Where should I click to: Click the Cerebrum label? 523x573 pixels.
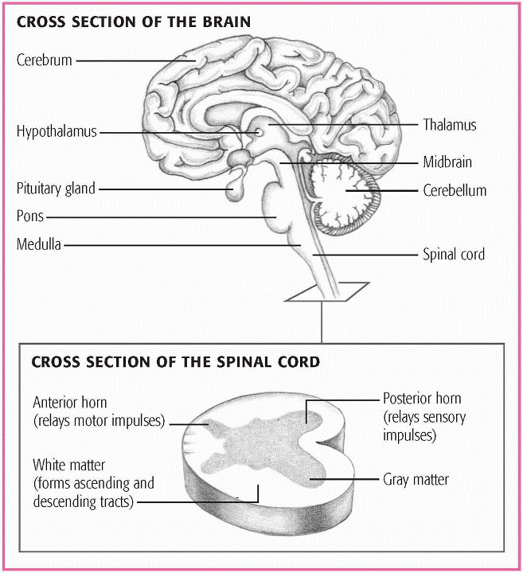coord(45,60)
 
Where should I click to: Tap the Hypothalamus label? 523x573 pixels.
coord(57,132)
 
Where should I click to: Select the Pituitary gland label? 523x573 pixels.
coord(56,189)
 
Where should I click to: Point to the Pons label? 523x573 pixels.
coord(30,216)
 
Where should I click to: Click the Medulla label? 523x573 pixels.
coord(39,244)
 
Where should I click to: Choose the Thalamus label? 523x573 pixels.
coord(449,125)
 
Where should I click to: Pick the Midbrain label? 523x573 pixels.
coord(447,162)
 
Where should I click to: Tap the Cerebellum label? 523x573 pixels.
coord(455,191)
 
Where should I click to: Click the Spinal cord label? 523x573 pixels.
coord(453,255)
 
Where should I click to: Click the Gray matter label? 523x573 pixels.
coord(416,480)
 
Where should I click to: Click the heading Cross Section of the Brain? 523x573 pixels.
coord(134,22)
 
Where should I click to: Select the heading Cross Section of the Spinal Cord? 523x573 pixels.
coord(175,362)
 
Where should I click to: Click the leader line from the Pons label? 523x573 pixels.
coord(159,216)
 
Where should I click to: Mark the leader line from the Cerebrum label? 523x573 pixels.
coord(135,60)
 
